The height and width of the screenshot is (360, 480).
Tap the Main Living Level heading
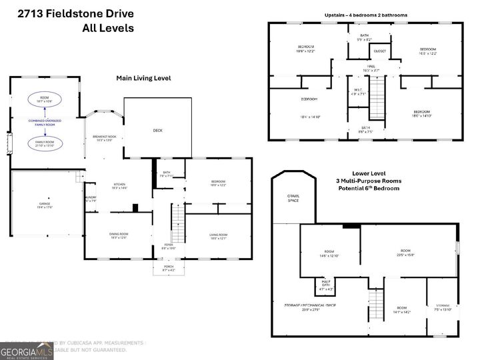143,78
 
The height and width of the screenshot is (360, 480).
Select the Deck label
157,130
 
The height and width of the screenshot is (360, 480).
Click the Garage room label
45,205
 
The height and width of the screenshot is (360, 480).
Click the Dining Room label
118,235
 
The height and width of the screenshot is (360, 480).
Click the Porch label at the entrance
169,268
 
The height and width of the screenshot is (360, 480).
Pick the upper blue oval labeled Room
45,100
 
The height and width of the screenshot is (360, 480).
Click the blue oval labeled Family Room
45,143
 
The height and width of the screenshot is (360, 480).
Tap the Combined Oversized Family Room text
45,123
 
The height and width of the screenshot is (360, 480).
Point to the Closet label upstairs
379,51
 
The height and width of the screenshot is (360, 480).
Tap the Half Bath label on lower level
327,287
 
